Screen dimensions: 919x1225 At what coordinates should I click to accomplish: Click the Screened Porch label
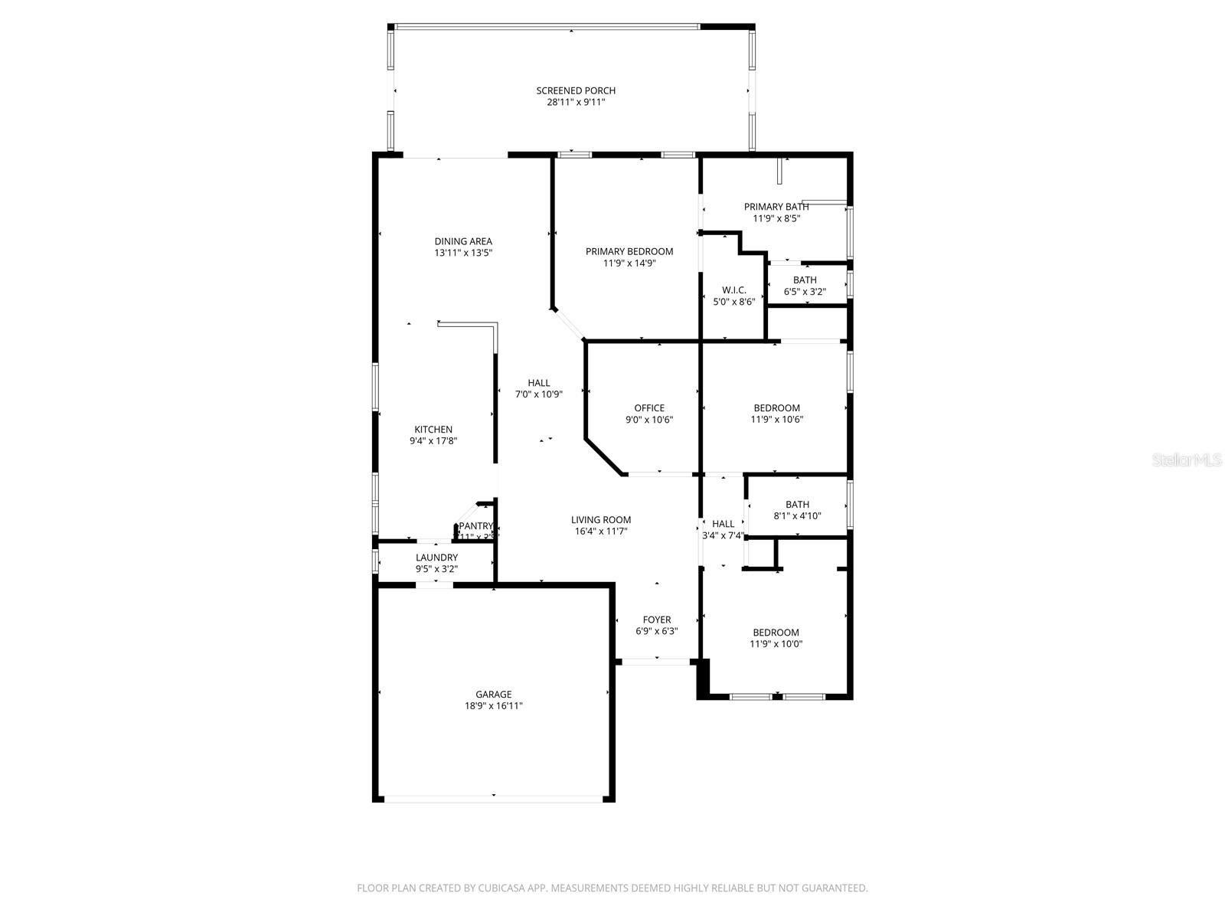[x=576, y=91]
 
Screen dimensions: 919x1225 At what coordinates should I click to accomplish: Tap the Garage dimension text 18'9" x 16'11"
[x=494, y=706]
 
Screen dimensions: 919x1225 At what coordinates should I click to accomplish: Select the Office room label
[x=649, y=408]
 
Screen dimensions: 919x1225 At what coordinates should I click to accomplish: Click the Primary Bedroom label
[x=629, y=252]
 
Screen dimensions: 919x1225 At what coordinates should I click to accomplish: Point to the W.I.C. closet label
[x=733, y=290]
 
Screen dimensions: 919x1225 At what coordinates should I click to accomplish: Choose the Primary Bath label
[x=776, y=207]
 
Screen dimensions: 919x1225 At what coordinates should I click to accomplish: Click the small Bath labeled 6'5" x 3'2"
[x=805, y=280]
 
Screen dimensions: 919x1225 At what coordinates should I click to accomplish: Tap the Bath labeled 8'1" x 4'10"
[x=797, y=505]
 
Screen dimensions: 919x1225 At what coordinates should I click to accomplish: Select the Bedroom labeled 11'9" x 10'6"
[x=776, y=408]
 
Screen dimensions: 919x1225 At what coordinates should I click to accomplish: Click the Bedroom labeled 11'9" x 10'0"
[x=776, y=633]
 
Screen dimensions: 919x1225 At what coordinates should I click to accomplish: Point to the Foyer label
[x=657, y=620]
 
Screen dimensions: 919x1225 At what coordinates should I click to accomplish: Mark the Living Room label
[x=601, y=520]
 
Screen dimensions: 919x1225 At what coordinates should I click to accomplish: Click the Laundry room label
[x=436, y=558]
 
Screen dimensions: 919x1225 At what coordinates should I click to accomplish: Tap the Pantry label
[x=476, y=526]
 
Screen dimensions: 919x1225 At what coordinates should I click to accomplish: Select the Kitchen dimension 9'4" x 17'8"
[x=433, y=441]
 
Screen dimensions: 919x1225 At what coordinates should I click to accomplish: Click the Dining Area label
[x=463, y=241]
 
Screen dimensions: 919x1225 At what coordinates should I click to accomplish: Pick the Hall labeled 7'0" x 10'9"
[x=538, y=384]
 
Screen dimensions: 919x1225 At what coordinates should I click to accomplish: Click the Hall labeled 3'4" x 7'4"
[x=723, y=525]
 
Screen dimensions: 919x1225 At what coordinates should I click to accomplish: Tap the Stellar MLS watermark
[x=1187, y=460]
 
